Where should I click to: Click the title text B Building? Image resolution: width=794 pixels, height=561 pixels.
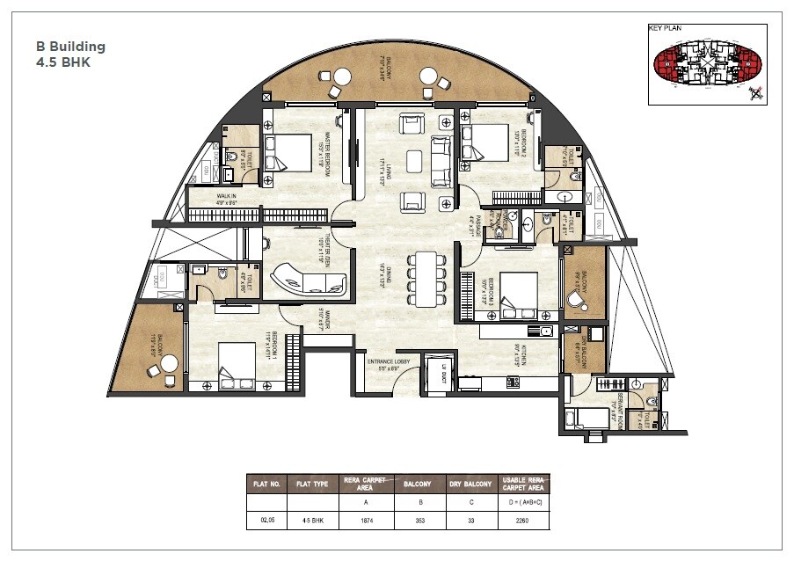70,47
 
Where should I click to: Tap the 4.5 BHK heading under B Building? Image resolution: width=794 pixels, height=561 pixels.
63,62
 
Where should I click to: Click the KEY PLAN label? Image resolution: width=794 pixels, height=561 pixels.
666,28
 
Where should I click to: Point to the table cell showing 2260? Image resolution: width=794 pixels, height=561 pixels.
523,520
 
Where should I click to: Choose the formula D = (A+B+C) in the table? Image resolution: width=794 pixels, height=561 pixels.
523,501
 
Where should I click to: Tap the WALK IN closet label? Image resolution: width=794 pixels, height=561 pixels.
227,199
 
